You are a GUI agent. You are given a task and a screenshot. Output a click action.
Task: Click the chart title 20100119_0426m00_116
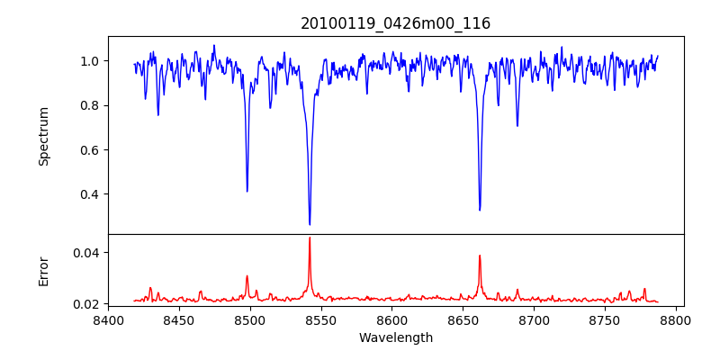(x=395, y=23)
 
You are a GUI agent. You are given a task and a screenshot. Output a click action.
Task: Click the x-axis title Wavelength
(x=395, y=337)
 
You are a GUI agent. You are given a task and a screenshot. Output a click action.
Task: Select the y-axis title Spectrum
(x=43, y=136)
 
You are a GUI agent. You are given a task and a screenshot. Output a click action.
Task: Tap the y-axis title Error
(x=43, y=270)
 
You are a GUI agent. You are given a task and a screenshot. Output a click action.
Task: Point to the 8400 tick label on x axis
(x=108, y=319)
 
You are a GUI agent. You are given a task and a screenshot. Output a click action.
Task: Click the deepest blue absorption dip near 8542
(x=310, y=224)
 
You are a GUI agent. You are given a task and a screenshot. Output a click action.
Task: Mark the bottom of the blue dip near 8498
(x=247, y=191)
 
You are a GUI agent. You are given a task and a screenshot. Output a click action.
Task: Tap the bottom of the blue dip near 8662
(x=480, y=210)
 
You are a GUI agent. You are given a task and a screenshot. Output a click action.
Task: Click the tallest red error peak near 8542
(x=310, y=238)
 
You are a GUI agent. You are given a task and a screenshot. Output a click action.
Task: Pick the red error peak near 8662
(x=480, y=256)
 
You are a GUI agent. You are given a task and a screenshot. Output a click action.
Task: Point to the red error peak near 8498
(x=247, y=276)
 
